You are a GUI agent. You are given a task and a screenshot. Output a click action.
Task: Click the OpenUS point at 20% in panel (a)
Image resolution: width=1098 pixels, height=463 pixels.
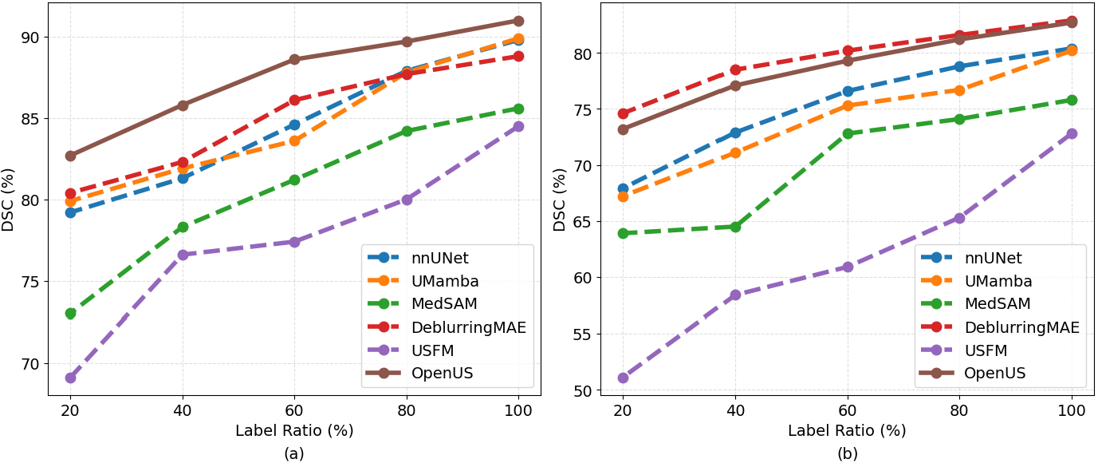point(71,156)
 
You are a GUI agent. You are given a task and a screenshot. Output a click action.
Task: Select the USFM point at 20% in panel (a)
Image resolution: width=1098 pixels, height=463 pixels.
point(71,378)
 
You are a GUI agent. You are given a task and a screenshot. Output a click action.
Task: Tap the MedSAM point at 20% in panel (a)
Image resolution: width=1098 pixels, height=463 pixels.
point(71,313)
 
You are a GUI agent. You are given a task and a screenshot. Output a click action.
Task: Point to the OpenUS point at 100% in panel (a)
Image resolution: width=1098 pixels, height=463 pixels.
point(518,21)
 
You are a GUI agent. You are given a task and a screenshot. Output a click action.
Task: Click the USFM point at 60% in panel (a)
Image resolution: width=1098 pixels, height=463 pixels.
point(294,242)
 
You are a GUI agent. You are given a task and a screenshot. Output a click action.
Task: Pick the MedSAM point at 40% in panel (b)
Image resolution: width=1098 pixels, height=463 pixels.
point(735,227)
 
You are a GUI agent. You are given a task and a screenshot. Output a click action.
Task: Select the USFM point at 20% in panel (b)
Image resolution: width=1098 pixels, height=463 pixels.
point(623,378)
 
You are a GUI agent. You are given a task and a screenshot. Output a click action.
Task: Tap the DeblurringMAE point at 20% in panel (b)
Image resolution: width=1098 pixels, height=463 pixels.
point(623,114)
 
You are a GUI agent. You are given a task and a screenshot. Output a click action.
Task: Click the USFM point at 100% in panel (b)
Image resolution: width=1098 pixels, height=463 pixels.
point(1072,133)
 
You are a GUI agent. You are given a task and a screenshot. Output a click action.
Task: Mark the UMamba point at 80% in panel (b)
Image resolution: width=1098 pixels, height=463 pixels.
point(959,91)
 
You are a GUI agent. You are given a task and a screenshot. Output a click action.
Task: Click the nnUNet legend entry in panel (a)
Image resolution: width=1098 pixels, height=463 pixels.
point(418,258)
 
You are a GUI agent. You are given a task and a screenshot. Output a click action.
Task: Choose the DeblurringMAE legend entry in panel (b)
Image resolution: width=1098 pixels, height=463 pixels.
point(999,327)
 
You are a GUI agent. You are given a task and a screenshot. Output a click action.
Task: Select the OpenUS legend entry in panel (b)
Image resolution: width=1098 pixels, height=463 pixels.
point(973,374)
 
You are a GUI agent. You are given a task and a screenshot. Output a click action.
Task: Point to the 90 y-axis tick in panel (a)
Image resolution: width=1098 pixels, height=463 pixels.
point(31,38)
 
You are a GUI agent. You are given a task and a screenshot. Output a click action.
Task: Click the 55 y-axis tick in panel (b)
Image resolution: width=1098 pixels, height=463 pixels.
point(584,334)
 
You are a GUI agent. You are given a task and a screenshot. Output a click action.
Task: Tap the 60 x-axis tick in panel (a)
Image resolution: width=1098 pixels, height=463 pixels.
point(294,410)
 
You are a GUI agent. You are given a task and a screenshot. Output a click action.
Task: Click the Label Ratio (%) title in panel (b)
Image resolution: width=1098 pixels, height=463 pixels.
point(847,430)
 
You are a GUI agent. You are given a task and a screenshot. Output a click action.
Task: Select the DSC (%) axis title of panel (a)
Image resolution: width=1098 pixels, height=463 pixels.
point(8,200)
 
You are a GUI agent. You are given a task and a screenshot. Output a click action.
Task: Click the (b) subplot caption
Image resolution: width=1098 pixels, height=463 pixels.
point(848,453)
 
